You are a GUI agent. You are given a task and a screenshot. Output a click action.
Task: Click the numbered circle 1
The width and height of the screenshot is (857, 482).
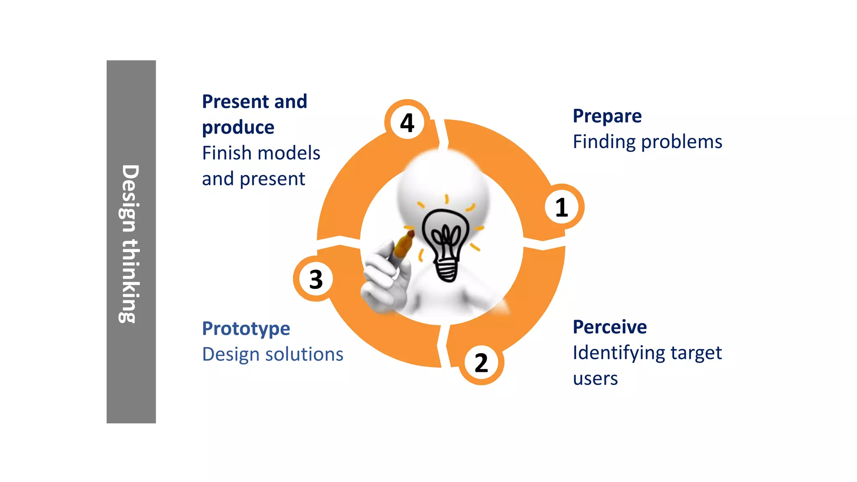click(x=562, y=207)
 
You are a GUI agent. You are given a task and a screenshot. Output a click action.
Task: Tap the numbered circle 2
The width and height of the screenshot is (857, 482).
click(x=481, y=363)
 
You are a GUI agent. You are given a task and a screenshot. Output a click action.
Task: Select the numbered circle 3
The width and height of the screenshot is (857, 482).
click(x=316, y=279)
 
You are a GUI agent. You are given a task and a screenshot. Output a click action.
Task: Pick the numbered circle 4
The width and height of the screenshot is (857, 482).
click(x=407, y=123)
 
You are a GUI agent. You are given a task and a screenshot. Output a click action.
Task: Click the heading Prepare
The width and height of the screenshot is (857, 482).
click(x=607, y=116)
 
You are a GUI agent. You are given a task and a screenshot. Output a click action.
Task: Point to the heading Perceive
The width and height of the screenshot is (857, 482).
click(x=609, y=327)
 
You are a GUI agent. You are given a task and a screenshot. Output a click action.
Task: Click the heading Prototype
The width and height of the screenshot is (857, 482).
click(x=246, y=328)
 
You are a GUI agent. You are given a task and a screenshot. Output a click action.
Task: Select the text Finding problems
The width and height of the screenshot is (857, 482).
click(x=647, y=142)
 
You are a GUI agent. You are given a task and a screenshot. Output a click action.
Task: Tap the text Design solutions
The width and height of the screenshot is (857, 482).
click(x=272, y=354)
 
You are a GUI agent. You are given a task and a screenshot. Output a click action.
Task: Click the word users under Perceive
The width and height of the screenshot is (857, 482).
click(x=595, y=379)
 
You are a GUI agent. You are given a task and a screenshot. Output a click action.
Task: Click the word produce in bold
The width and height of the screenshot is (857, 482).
click(x=238, y=127)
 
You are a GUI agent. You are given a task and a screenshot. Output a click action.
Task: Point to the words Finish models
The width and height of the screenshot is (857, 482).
click(x=261, y=153)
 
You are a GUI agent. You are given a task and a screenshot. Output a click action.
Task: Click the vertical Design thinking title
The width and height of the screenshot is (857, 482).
click(x=131, y=243)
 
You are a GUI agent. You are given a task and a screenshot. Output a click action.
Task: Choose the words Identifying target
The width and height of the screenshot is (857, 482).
click(x=647, y=353)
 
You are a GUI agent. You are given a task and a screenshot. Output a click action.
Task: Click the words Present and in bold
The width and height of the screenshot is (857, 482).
click(x=254, y=102)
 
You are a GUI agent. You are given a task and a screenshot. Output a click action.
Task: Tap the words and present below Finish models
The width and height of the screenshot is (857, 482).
click(x=254, y=179)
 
